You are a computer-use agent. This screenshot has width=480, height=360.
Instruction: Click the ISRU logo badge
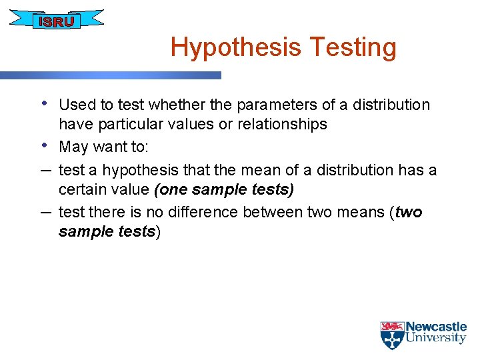click(57, 21)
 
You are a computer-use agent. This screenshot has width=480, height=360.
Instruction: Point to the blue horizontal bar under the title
click(110, 75)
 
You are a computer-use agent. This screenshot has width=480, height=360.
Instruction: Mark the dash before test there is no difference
click(44, 211)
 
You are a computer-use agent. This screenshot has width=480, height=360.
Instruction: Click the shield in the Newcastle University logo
click(392, 335)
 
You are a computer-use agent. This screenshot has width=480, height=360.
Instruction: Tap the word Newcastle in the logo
click(436, 327)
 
